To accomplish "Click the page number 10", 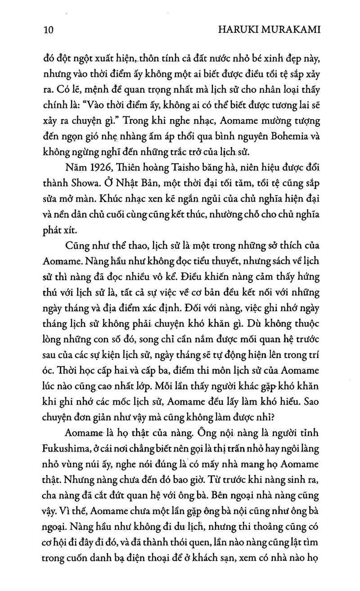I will pos(46,30).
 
